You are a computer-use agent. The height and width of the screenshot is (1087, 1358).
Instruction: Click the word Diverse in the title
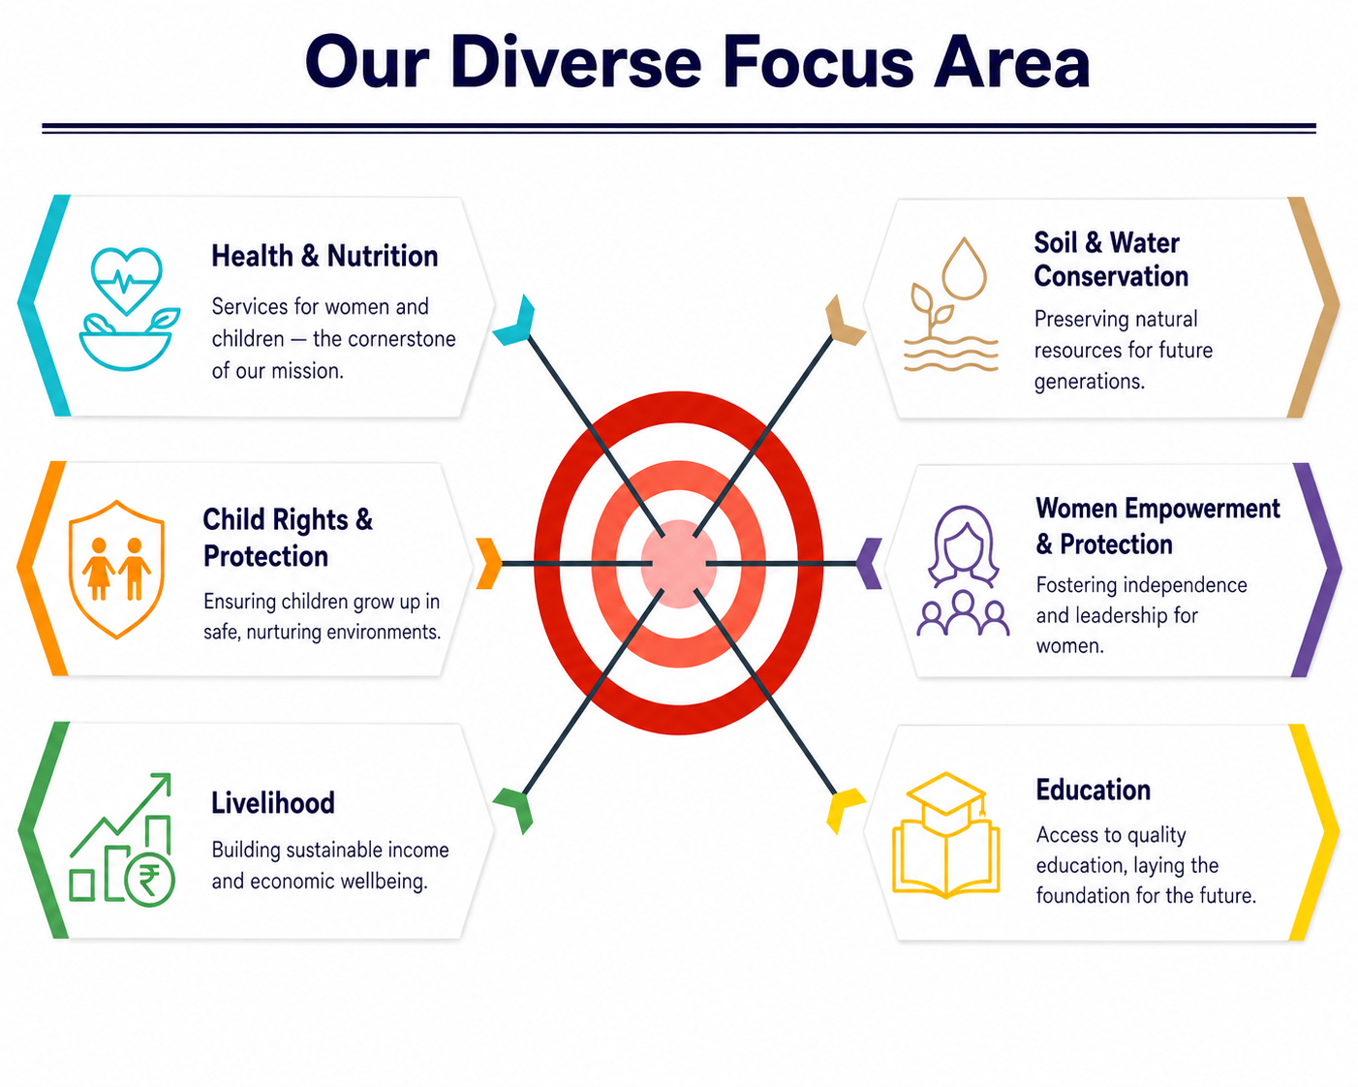575,63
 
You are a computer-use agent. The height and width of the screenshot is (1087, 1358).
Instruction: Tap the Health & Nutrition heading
324,257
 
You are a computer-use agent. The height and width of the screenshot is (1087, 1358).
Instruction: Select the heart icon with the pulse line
127,280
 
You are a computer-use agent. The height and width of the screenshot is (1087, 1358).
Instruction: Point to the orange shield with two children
117,570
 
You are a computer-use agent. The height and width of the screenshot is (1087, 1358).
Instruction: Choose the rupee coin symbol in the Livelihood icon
149,880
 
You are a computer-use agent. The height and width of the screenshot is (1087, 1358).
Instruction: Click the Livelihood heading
272,803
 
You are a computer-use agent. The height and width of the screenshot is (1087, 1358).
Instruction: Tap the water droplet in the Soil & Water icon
964,268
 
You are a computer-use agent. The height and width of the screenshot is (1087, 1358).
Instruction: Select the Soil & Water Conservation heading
1111,260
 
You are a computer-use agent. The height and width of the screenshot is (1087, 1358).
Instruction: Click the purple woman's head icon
963,544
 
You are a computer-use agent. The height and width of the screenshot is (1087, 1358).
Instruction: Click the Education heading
1093,790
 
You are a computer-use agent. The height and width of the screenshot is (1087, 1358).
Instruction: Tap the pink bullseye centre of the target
678,564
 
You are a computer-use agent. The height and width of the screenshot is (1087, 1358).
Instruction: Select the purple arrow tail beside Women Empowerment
870,563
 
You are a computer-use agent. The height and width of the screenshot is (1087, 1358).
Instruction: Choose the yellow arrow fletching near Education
845,810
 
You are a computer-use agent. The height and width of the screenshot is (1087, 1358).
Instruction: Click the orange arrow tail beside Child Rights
489,563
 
